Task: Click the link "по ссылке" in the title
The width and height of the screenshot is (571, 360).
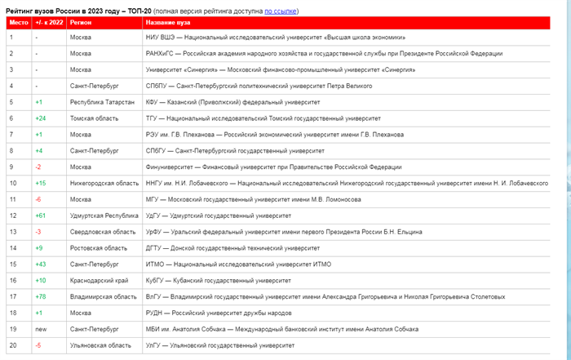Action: coord(280,11)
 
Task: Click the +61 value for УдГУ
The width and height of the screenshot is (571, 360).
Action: coord(39,216)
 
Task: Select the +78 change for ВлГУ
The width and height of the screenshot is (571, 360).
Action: coord(39,296)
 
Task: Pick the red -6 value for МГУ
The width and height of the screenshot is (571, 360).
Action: coord(38,199)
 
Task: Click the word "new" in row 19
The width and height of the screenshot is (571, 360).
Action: coord(40,329)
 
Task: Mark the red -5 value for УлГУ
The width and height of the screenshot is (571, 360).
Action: coord(38,345)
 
